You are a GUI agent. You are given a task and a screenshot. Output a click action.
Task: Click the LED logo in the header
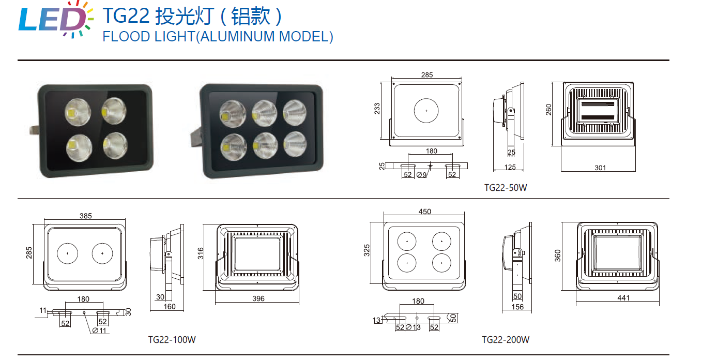[x=56, y=20]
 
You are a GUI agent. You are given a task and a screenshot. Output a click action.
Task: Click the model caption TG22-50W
[x=506, y=188]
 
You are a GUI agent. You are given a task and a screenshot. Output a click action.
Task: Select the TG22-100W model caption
[x=172, y=340]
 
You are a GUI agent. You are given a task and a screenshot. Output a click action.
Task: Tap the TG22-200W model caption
[x=506, y=340]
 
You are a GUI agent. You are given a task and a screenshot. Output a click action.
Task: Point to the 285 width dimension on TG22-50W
[x=427, y=75]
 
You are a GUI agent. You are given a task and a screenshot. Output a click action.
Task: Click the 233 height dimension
[x=377, y=109]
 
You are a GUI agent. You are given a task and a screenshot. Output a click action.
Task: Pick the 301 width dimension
[x=600, y=168]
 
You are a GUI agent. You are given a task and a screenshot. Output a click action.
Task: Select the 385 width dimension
[x=86, y=216]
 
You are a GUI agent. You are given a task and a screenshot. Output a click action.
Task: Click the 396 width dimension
[x=258, y=298]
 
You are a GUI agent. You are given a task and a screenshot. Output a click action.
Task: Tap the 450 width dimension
[x=424, y=212]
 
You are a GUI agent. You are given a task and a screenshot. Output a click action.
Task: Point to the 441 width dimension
[x=623, y=297]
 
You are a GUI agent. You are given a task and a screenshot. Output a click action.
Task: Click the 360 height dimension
[x=558, y=256]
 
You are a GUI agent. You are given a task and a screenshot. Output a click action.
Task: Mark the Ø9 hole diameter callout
[x=421, y=175]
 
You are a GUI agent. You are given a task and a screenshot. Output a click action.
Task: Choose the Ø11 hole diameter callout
[x=99, y=331]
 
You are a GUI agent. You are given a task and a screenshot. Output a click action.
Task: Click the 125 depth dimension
[x=510, y=167]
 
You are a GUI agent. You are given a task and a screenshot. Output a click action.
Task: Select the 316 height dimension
[x=201, y=253]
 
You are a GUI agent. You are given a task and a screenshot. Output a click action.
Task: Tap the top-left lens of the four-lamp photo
[x=78, y=112]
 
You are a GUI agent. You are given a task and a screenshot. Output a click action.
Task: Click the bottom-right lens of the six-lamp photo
[x=295, y=144]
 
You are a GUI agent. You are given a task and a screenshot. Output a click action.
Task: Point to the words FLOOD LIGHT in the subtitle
[x=149, y=37]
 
